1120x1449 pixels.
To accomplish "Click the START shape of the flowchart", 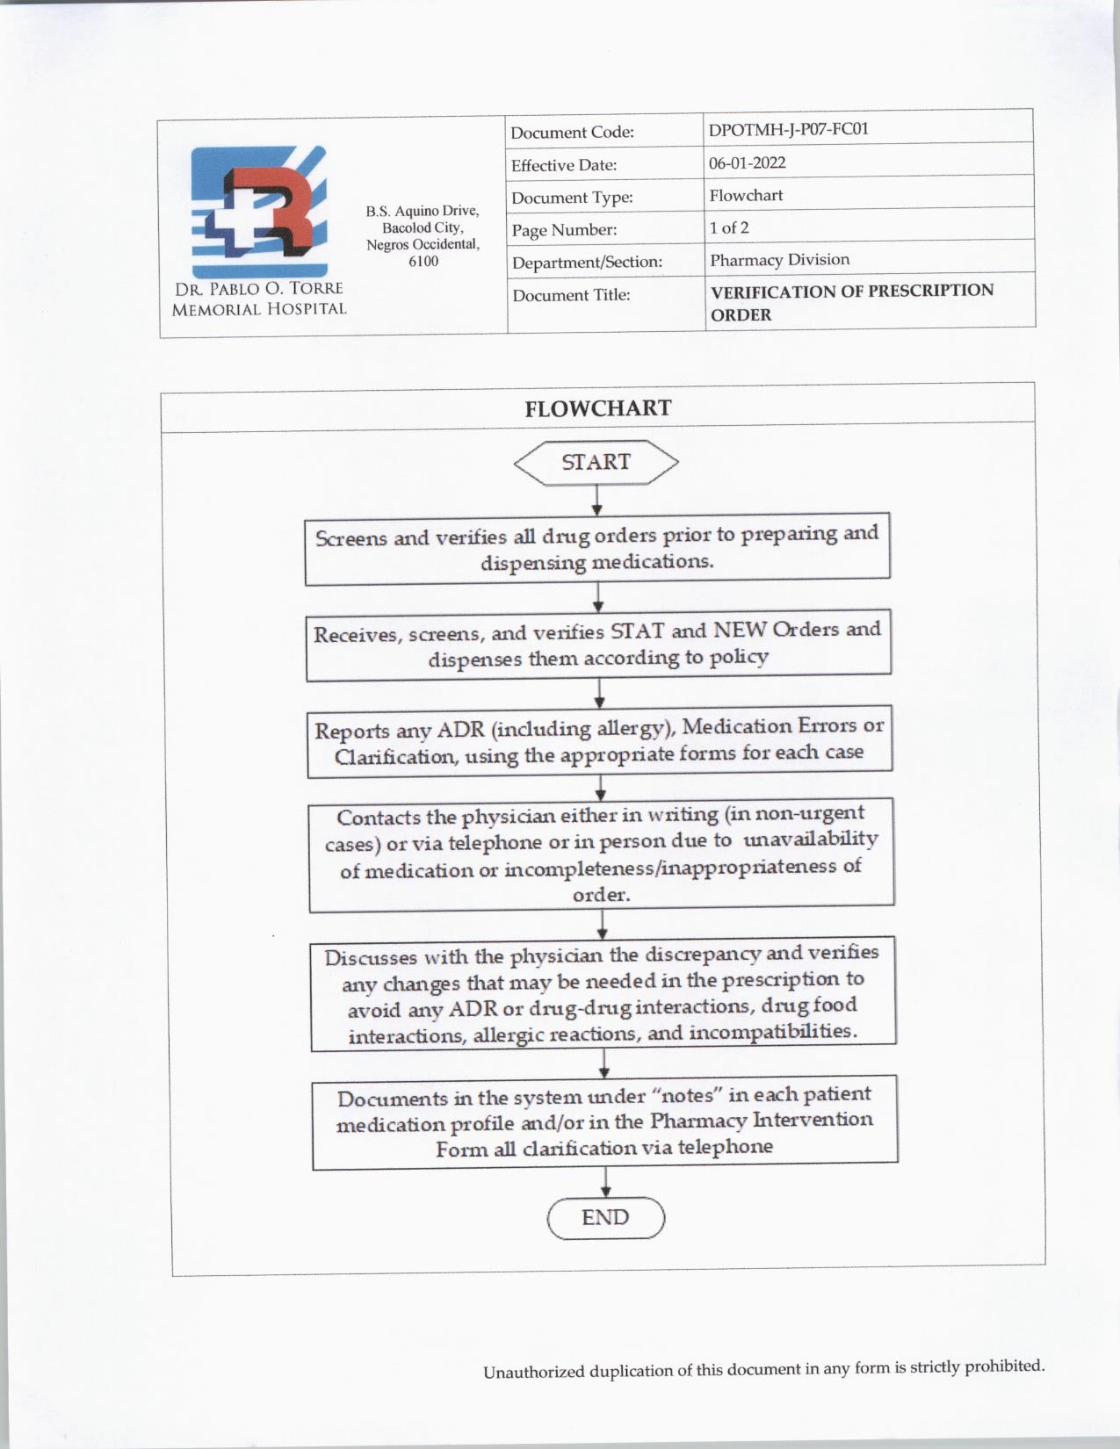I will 596,462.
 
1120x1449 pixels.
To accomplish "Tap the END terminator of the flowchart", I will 605,1218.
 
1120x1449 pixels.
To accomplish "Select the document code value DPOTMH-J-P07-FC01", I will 788,129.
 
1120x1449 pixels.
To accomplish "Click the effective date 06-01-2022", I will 747,162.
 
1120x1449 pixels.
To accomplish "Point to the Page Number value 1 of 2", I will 729,227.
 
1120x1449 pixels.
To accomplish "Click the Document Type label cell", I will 572,198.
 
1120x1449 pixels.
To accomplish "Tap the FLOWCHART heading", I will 597,408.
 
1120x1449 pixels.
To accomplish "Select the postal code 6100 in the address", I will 423,262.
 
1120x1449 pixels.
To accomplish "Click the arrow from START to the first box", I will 597,500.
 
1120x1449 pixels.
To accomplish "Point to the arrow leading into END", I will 605,1180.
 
